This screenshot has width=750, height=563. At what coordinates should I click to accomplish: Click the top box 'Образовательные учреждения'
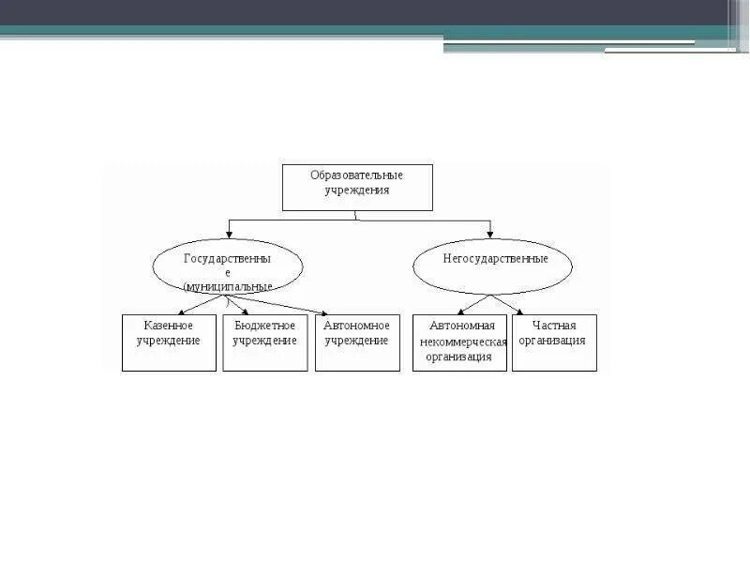pos(357,187)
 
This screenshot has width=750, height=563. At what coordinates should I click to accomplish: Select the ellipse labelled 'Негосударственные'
pos(492,266)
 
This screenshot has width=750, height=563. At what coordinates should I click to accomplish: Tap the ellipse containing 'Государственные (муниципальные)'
pos(228,266)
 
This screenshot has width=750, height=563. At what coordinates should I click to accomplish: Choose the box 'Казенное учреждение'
pos(169,342)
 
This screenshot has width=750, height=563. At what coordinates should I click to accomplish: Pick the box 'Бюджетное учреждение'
pos(265,342)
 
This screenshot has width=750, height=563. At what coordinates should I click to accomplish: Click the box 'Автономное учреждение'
pos(357,342)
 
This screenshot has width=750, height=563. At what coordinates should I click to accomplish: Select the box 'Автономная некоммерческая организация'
pos(459,342)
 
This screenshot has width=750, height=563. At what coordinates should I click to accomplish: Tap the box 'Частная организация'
pos(554,342)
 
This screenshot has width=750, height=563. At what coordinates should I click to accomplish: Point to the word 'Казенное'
pos(169,326)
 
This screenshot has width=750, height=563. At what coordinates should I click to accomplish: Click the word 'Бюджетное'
pos(265,326)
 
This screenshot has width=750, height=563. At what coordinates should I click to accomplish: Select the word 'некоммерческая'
pos(464,342)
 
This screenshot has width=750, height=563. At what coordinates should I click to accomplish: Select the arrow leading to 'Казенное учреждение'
pos(199,305)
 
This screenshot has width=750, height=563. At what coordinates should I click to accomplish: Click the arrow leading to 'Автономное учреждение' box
pos(281,306)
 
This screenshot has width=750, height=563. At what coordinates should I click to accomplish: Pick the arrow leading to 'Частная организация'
pos(506,305)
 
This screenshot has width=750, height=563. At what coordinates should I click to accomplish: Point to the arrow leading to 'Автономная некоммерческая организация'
pos(474,304)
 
